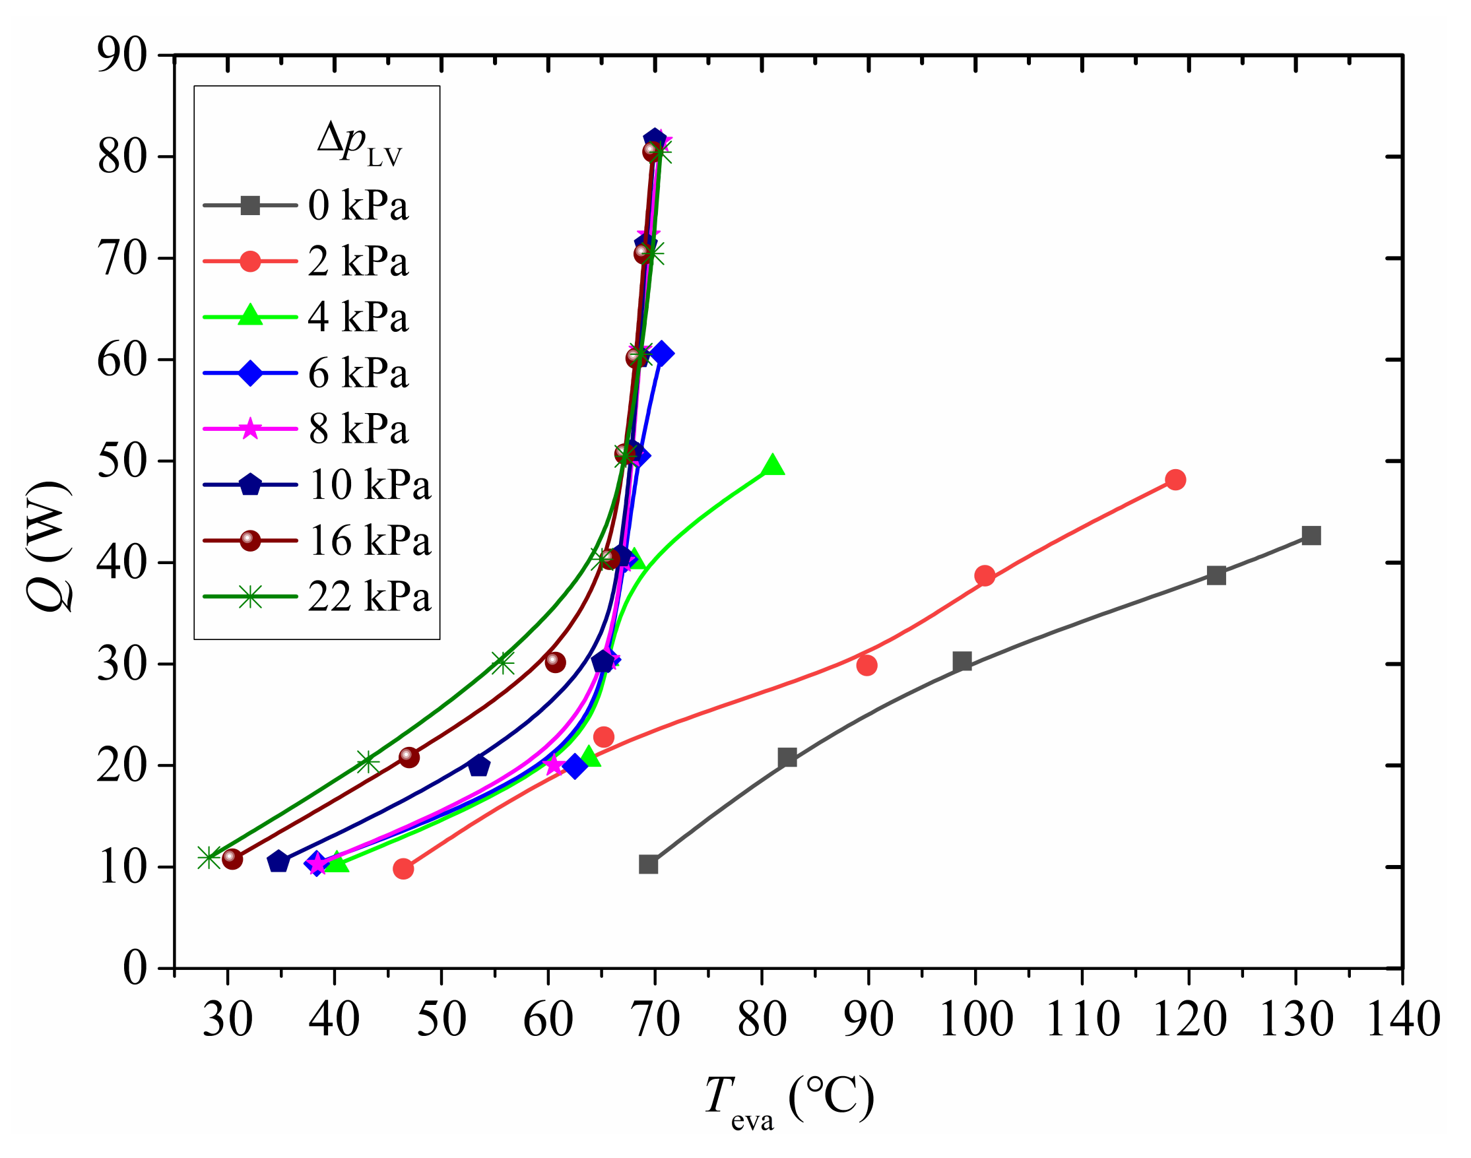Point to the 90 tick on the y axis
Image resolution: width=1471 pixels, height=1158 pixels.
(x=122, y=55)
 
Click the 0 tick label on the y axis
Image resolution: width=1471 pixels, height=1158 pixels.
(x=134, y=968)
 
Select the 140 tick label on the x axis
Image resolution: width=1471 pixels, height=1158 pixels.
(x=1403, y=1019)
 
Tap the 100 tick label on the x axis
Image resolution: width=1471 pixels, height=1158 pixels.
(x=975, y=1019)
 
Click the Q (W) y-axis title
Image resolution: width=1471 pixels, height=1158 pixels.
(x=49, y=546)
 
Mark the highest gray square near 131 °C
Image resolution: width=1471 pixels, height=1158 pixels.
(x=1311, y=536)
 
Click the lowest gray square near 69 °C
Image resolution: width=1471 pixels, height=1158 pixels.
(x=648, y=864)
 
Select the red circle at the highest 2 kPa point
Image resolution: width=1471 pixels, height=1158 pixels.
(x=1175, y=480)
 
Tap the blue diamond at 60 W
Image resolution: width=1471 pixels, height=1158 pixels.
(x=660, y=354)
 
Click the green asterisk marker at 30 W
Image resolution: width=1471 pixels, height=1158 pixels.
(x=502, y=663)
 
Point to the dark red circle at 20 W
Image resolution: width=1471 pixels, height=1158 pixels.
(x=409, y=757)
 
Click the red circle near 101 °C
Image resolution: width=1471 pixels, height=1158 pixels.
(x=985, y=576)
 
